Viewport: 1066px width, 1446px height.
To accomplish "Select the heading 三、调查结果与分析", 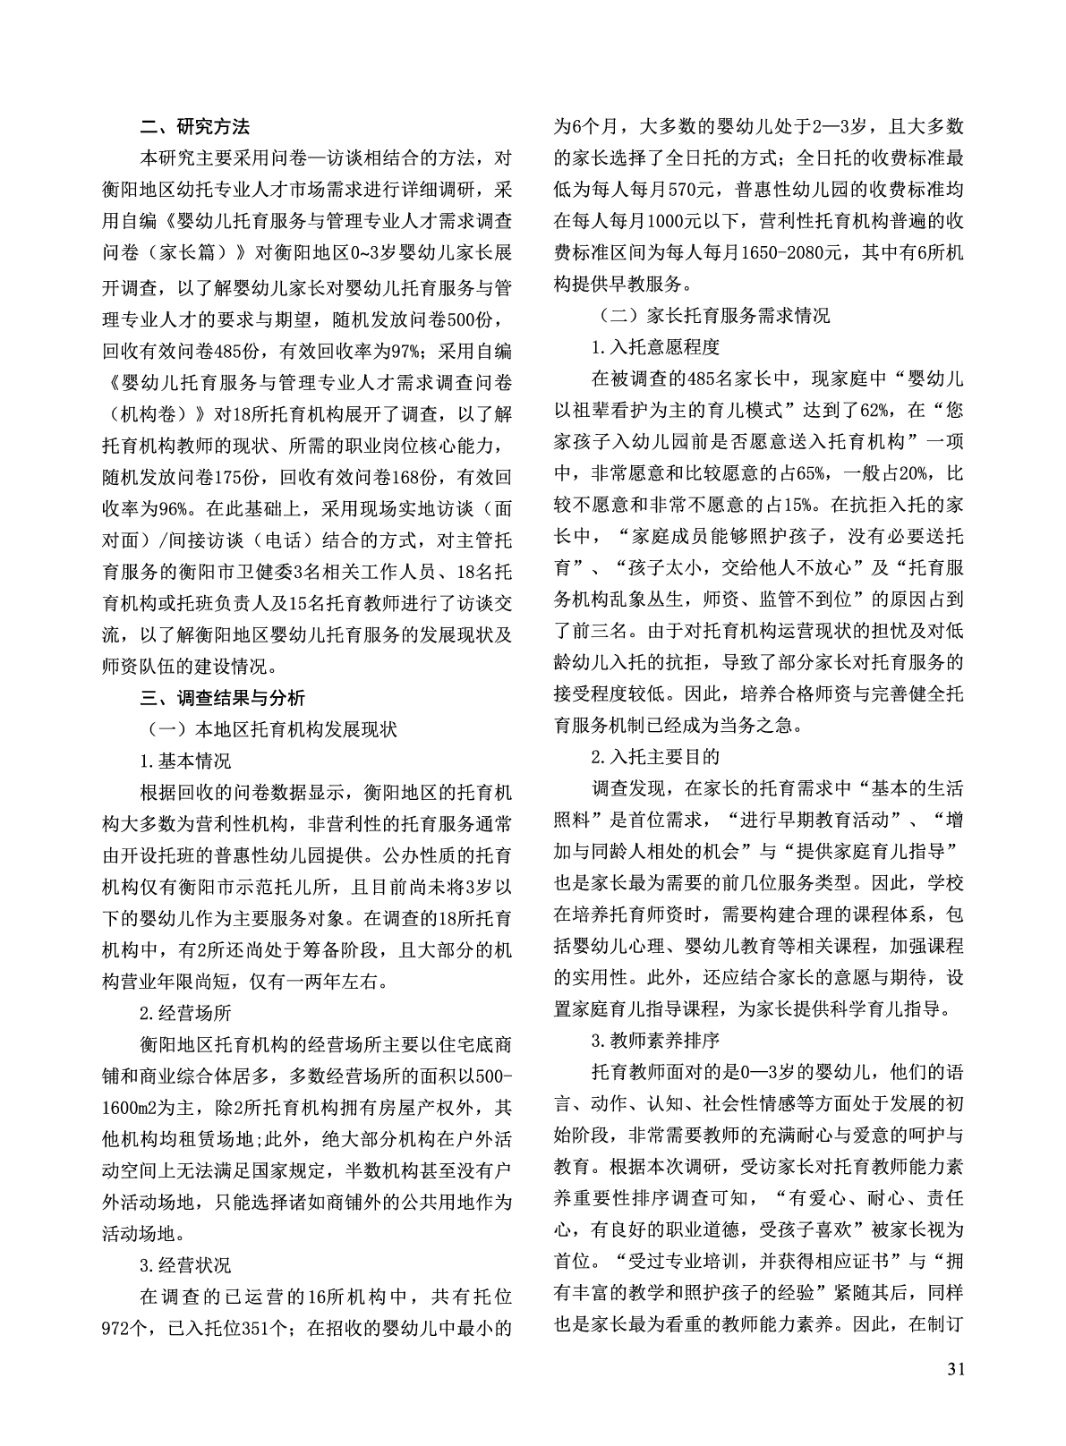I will (223, 697).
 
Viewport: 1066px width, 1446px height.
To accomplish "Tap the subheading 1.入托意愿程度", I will (655, 348).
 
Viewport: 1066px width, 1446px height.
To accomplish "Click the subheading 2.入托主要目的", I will (655, 757).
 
